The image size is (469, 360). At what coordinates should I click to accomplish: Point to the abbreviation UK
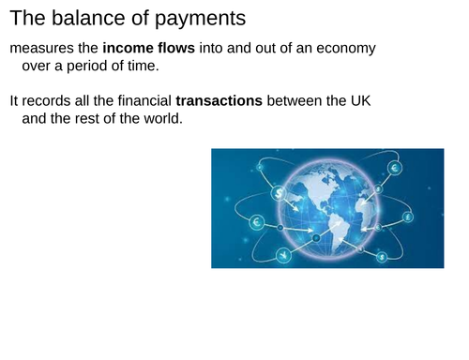point(360,99)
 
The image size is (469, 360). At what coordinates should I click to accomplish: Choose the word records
point(48,99)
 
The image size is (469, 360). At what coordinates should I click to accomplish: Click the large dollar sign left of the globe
point(279,192)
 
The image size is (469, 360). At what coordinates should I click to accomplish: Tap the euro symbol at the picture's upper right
point(394,169)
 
